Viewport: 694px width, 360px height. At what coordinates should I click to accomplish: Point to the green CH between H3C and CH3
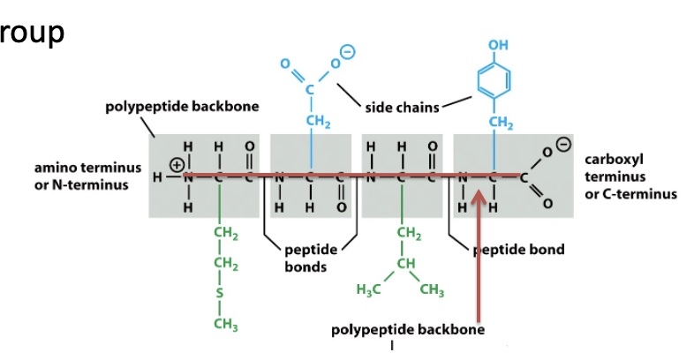406,264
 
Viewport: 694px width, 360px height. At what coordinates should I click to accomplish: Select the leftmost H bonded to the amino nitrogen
157,177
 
